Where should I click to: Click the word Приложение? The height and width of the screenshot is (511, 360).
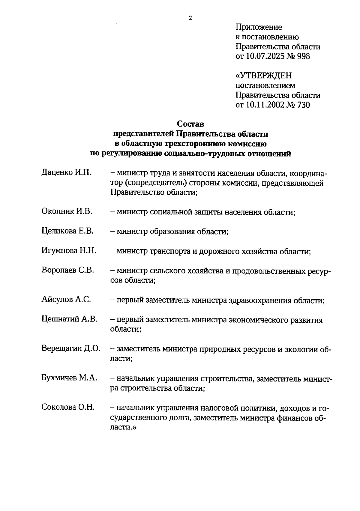(259, 27)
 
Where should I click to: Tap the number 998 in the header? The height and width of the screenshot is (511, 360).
(303, 56)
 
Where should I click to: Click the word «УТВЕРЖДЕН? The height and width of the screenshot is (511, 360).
(263, 76)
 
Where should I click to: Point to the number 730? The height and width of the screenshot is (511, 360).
(303, 105)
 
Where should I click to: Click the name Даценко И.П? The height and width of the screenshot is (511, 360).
(66, 173)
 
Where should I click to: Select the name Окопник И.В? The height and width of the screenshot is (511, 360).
(67, 211)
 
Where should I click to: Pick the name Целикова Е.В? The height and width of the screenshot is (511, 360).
(67, 231)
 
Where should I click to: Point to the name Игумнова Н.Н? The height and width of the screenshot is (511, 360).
(69, 251)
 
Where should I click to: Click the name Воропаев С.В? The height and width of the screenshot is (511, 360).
(67, 270)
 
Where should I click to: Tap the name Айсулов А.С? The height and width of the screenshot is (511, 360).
(66, 299)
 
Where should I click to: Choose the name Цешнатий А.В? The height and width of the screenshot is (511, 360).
(69, 319)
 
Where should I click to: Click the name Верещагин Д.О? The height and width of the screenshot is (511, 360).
(71, 348)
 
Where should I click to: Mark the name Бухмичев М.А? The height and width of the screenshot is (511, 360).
(69, 378)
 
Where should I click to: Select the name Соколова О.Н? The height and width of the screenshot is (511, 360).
(68, 407)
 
